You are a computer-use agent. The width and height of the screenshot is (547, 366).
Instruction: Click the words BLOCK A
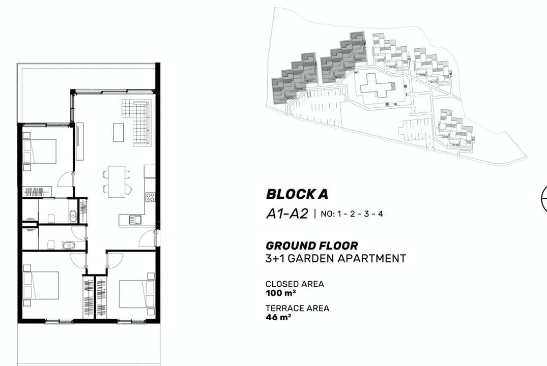[297, 194]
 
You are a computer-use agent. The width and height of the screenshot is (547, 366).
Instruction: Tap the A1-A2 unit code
[287, 213]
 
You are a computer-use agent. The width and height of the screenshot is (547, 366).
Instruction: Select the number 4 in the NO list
[381, 214]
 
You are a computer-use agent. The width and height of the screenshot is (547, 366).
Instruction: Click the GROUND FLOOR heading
[311, 246]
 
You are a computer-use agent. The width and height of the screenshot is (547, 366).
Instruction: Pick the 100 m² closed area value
[281, 293]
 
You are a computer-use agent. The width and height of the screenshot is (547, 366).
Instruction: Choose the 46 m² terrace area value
[278, 317]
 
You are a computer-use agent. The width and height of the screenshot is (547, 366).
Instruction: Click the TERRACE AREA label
[297, 308]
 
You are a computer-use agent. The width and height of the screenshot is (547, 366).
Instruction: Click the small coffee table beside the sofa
[118, 133]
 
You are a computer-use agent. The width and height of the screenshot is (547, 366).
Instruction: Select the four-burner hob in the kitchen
[150, 197]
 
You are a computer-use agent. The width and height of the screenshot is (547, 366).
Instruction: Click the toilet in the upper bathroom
[51, 218]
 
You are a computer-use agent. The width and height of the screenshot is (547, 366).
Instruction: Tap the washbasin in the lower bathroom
[69, 246]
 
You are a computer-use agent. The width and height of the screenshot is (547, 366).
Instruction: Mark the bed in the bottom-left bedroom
[41, 285]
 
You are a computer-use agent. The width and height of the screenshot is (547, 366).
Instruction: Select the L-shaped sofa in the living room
[137, 123]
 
